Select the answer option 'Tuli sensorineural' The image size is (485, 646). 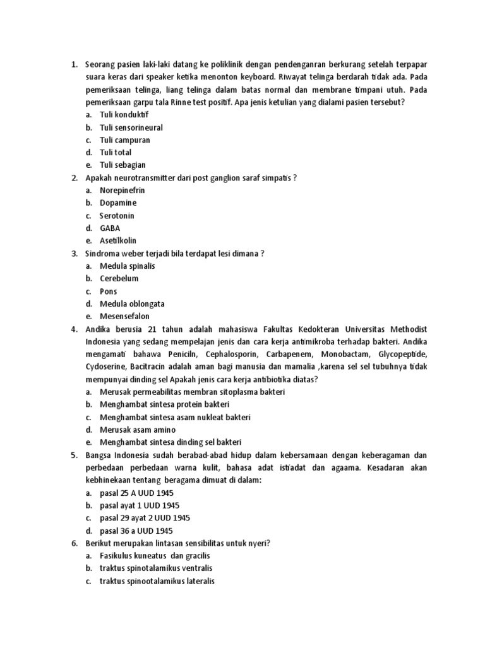[131, 127]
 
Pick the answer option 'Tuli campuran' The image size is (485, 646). [124, 140]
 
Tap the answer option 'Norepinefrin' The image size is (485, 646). [122, 190]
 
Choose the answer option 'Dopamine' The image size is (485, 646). [118, 203]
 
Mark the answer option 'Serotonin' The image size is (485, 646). [117, 215]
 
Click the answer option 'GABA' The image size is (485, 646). [110, 228]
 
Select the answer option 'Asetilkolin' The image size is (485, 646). [118, 240]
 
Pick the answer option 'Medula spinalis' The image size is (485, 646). [127, 266]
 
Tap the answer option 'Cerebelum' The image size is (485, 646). [119, 278]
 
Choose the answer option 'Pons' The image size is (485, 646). [109, 291]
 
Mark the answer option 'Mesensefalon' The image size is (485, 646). [124, 316]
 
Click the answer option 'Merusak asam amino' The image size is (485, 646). [138, 430]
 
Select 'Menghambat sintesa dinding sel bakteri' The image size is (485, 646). [171, 442]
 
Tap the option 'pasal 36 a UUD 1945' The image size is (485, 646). [136, 531]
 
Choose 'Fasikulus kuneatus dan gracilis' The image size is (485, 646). [155, 556]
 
